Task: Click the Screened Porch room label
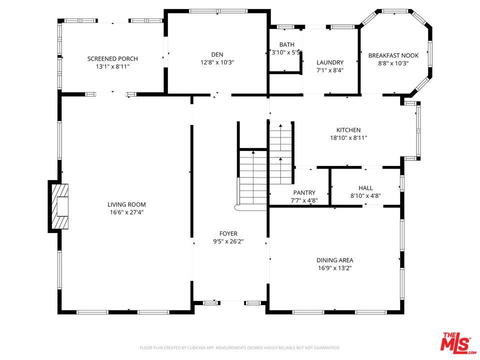(x=112, y=59)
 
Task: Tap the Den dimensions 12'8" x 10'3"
(x=217, y=62)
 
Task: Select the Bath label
(x=287, y=44)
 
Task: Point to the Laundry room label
(x=330, y=62)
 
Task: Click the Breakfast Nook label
(x=393, y=55)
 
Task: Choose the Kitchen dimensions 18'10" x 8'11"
(x=348, y=138)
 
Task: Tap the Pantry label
(x=304, y=192)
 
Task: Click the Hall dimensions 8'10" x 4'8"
(x=365, y=196)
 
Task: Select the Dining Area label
(x=335, y=260)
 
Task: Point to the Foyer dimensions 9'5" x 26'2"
(x=228, y=241)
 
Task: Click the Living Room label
(x=126, y=204)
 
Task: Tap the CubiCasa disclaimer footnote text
(x=239, y=348)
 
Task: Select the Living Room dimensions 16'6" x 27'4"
(x=126, y=212)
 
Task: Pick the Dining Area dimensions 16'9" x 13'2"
(x=335, y=268)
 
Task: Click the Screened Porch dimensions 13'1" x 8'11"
(x=112, y=66)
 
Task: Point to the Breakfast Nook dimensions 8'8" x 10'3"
(x=393, y=63)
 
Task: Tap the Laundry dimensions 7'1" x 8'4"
(x=330, y=70)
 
